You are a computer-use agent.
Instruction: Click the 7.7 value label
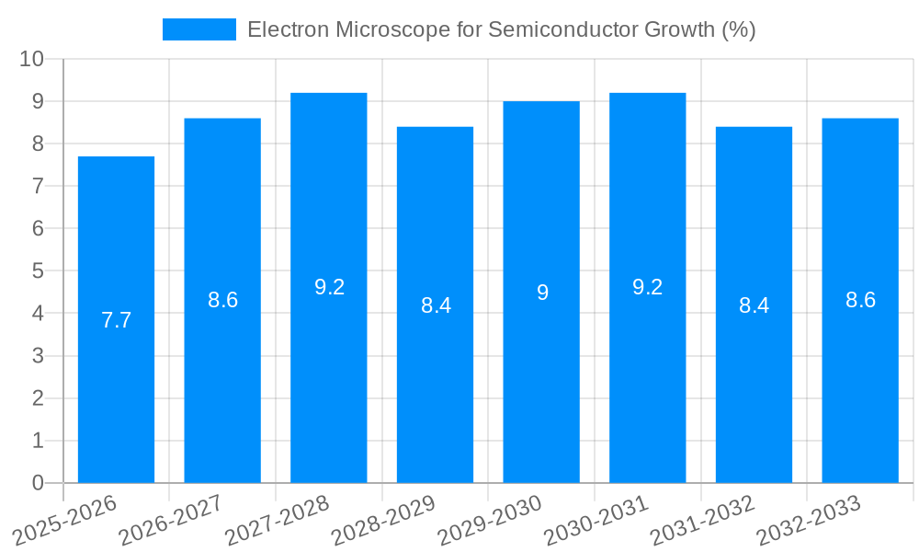point(116,320)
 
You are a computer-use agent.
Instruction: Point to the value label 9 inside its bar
point(542,293)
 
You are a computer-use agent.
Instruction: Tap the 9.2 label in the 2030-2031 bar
point(648,287)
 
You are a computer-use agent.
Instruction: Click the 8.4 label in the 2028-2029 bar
point(436,305)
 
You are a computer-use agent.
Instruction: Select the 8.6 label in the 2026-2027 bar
point(222,300)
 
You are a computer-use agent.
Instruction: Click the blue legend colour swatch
point(199,29)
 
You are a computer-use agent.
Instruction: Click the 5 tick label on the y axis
point(38,271)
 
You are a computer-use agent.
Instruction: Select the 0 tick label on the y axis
point(38,483)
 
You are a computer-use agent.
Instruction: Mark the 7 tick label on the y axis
point(38,186)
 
